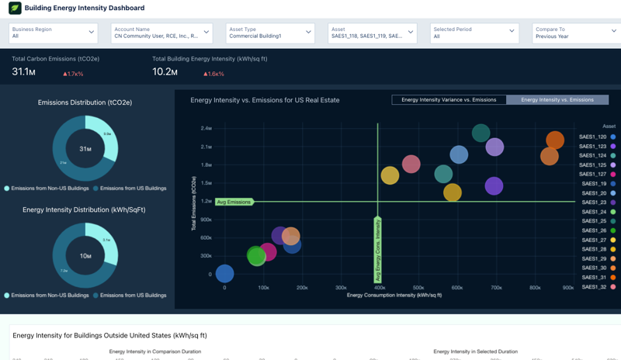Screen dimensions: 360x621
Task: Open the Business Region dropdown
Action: [x=53, y=33]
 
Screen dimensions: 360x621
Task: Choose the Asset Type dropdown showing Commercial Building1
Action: [x=269, y=33]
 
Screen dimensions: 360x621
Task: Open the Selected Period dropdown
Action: [x=474, y=33]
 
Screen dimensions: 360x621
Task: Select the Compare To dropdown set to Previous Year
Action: [x=576, y=33]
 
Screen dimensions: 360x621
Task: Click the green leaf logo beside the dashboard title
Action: [x=15, y=8]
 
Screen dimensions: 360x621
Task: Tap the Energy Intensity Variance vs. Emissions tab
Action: [x=449, y=100]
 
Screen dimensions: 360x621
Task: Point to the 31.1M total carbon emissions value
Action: [x=23, y=72]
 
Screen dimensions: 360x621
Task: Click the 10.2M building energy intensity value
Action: [x=165, y=72]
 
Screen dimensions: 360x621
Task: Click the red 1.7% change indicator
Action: [x=73, y=74]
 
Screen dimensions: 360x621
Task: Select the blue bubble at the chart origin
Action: [x=224, y=273]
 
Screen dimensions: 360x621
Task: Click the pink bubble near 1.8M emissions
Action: [x=411, y=164]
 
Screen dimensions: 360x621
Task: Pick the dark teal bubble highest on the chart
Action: [x=481, y=133]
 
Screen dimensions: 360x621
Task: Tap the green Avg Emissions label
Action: [x=234, y=202]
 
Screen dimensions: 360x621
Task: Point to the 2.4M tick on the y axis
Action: [x=206, y=129]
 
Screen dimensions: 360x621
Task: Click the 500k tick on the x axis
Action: [x=418, y=288]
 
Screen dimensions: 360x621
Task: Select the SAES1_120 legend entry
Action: [x=593, y=137]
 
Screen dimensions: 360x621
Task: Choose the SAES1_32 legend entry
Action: [x=593, y=287]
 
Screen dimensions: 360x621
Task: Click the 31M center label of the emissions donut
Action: [x=85, y=149]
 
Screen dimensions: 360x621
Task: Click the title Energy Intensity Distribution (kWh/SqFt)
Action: [x=84, y=209]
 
